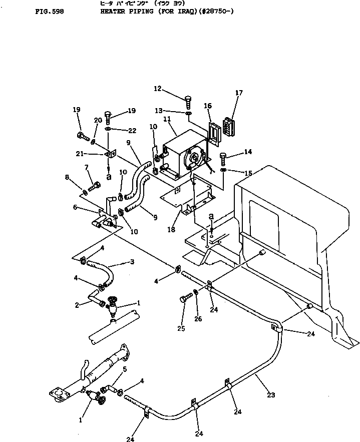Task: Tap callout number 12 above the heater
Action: (x=158, y=89)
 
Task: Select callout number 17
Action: (x=239, y=93)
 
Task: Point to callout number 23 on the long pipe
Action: (x=271, y=395)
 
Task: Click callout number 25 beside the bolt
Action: (x=182, y=329)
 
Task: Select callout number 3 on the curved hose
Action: (x=132, y=262)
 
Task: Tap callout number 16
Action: (x=208, y=106)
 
